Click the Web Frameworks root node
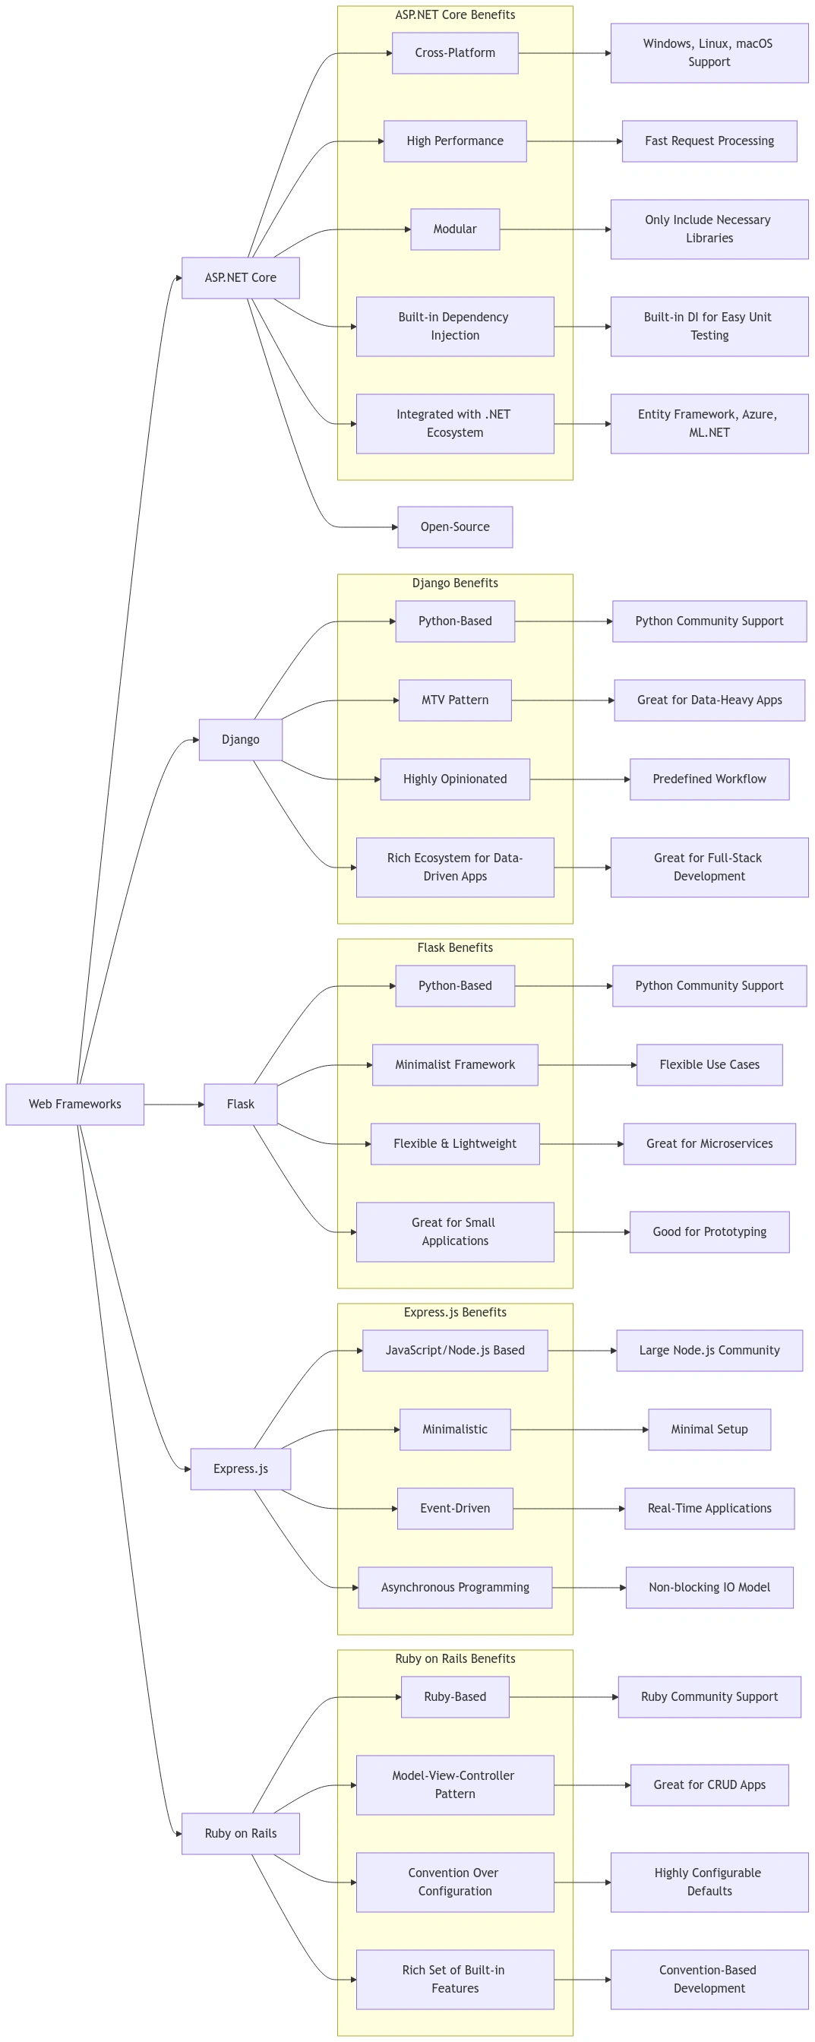74,1105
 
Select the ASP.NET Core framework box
240,278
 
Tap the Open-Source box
455,527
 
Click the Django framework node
240,740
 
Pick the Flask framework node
240,1105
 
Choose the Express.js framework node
240,1469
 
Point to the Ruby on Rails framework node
240,1834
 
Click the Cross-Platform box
455,53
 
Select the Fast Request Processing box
709,141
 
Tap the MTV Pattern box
455,700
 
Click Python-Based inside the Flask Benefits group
455,985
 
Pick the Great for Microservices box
709,1144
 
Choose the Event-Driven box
455,1509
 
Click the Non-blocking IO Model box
709,1588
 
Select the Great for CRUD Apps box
709,1785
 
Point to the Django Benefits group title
455,583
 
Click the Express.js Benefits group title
455,1313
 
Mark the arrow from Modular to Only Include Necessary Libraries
555,230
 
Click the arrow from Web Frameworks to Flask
175,1105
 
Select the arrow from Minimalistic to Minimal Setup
580,1430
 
